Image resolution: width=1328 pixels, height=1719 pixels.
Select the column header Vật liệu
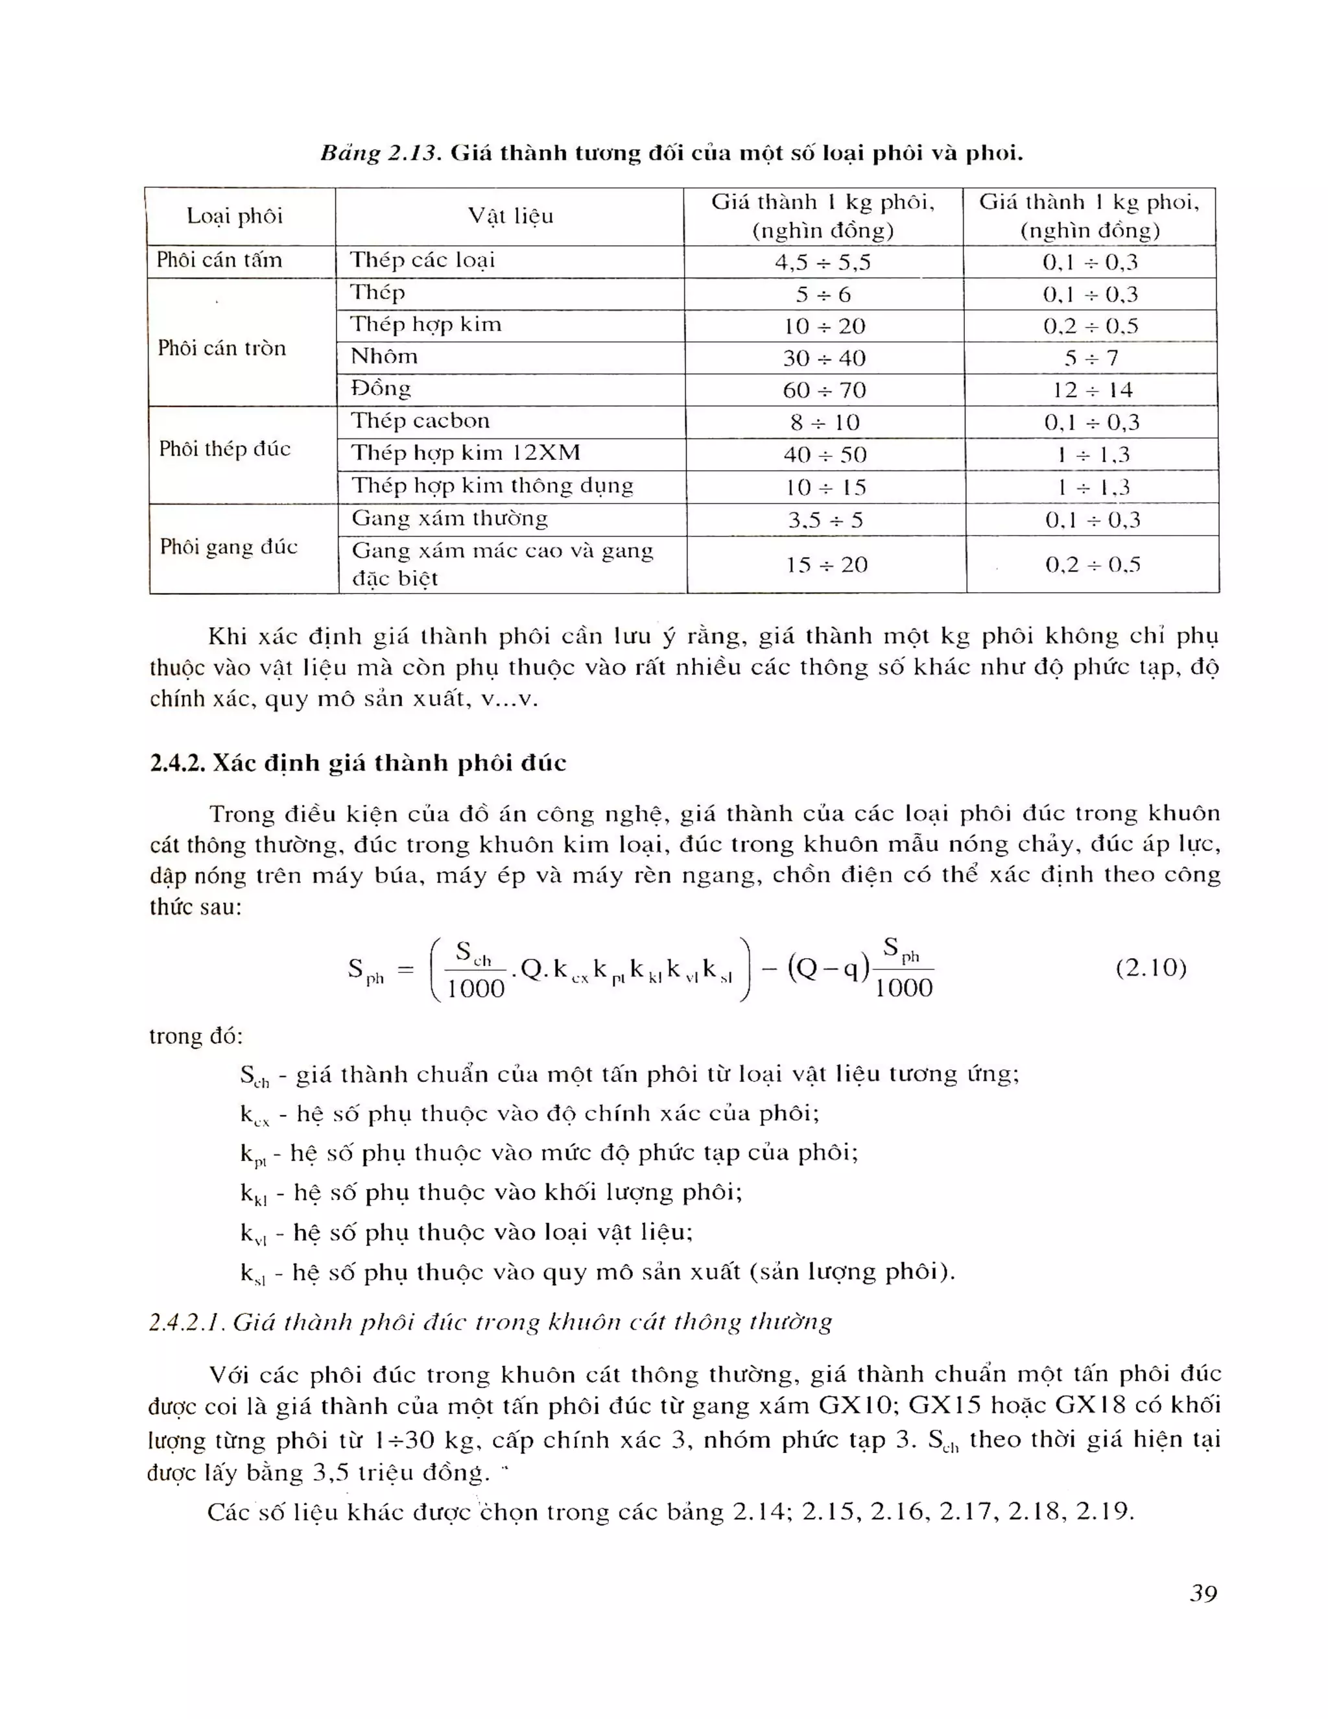pyautogui.click(x=510, y=215)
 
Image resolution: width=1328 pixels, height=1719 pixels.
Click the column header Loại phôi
pyautogui.click(x=235, y=215)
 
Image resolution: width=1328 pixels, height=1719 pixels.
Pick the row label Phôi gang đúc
pyautogui.click(x=229, y=547)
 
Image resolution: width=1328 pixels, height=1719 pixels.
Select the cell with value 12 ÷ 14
pyautogui.click(x=1092, y=391)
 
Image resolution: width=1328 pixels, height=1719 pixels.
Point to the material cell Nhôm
pyautogui.click(x=384, y=357)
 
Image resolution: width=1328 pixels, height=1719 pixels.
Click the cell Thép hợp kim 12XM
pyautogui.click(x=466, y=453)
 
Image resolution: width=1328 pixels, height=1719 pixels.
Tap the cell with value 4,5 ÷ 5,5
pyautogui.click(x=823, y=262)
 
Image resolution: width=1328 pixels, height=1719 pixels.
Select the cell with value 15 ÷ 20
pyautogui.click(x=826, y=565)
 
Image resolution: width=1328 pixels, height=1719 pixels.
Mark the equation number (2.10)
pyautogui.click(x=1150, y=967)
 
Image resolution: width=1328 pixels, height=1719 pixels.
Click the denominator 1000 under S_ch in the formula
pyautogui.click(x=475, y=989)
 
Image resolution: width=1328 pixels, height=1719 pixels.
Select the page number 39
pyautogui.click(x=1203, y=1594)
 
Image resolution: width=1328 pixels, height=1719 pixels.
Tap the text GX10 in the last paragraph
pyautogui.click(x=856, y=1405)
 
